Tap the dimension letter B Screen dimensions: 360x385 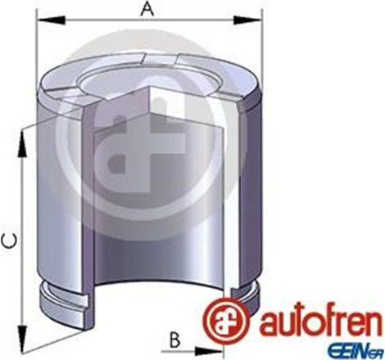tap(175, 337)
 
